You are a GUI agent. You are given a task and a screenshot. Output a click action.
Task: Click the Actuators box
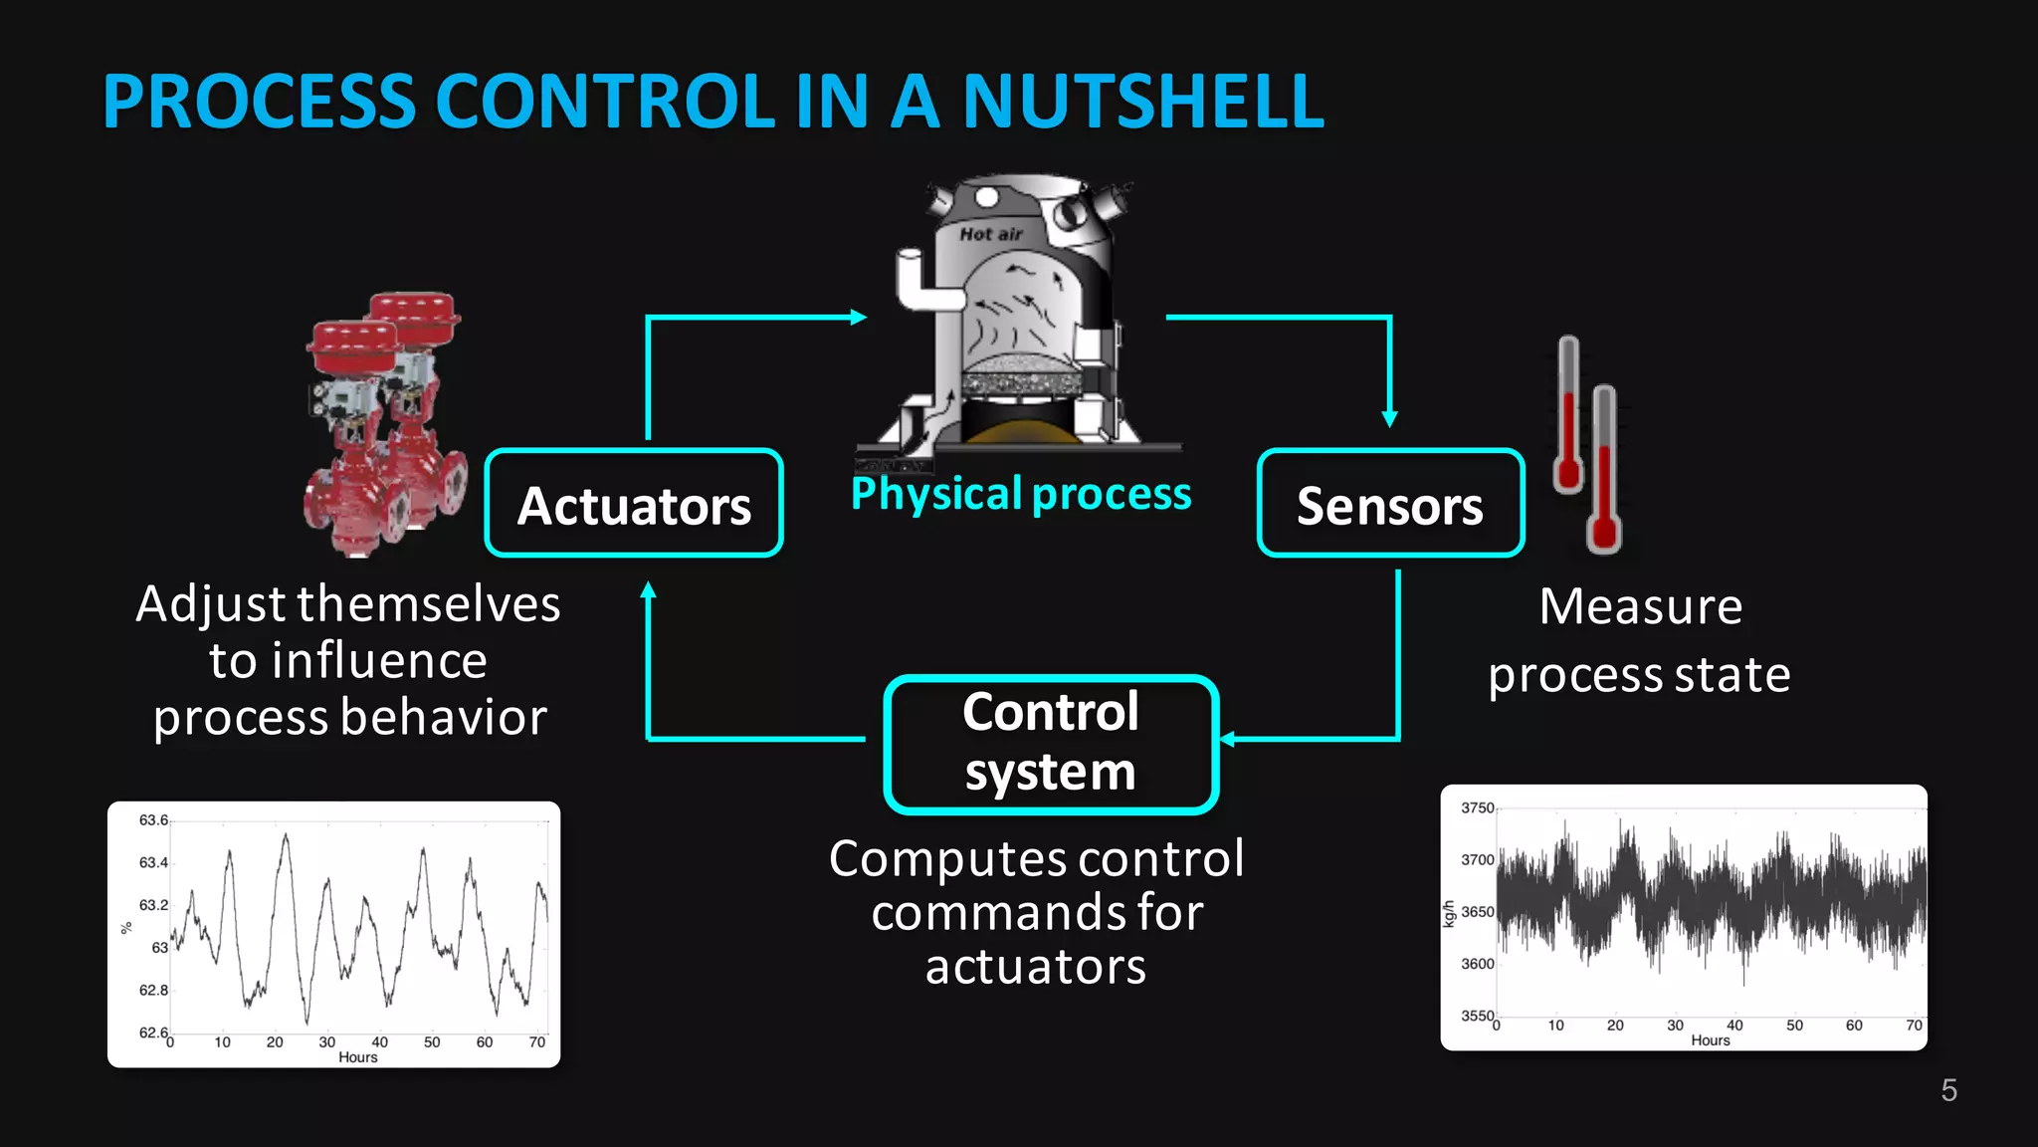tap(634, 504)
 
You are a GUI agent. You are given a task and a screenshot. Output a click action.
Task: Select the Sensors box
tap(1390, 504)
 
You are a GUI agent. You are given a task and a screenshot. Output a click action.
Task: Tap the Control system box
tap(1051, 744)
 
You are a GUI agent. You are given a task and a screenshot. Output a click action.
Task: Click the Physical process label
tap(1021, 494)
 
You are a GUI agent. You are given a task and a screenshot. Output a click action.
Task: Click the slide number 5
tap(1948, 1090)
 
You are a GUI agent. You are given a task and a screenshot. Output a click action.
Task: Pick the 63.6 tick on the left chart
tap(153, 820)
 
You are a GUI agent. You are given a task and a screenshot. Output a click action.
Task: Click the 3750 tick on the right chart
tap(1477, 807)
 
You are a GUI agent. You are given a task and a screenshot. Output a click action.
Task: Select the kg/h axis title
tap(1449, 914)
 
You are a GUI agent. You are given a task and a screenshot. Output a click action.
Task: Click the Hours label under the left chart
tap(357, 1057)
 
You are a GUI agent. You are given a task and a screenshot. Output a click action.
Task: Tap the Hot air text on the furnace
tap(990, 234)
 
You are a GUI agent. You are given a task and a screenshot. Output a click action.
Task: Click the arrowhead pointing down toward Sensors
tap(1390, 419)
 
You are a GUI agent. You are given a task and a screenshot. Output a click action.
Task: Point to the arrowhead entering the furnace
tap(859, 317)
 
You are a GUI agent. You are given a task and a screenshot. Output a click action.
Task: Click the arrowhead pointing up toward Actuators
tap(648, 590)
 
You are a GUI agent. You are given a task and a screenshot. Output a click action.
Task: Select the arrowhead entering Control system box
tap(1228, 739)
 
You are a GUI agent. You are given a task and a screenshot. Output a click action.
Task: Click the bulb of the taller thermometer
tap(1603, 535)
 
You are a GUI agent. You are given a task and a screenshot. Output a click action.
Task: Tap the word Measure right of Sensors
tap(1640, 606)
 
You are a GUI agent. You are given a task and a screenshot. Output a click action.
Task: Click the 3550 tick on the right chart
tap(1477, 1016)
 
